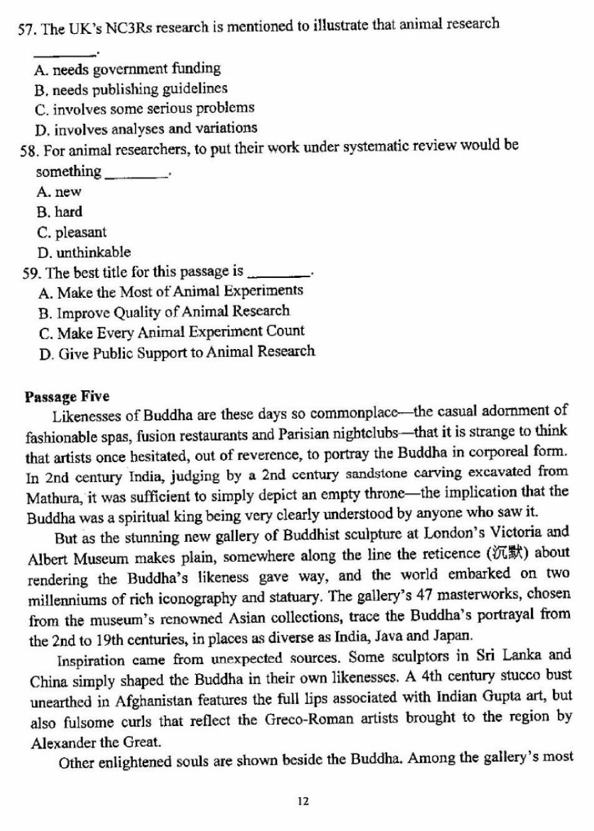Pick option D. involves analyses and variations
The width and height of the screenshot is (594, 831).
click(x=146, y=128)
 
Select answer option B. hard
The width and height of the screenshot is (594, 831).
click(x=60, y=213)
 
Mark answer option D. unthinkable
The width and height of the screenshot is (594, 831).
click(x=84, y=253)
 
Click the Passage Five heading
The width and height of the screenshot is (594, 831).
click(x=66, y=398)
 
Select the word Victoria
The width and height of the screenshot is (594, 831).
click(x=521, y=537)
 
